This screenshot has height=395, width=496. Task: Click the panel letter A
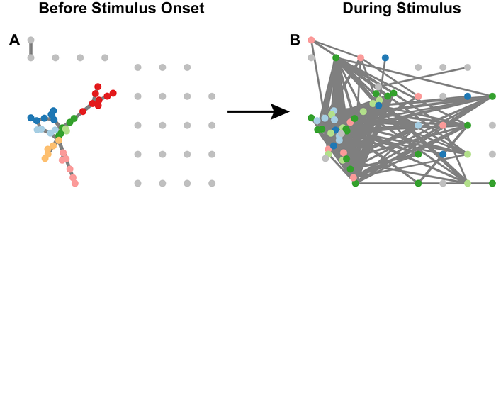click(x=14, y=41)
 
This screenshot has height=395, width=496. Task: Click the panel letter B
click(x=295, y=41)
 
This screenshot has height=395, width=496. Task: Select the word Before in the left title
click(x=62, y=9)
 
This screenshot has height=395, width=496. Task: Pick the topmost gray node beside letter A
click(x=30, y=40)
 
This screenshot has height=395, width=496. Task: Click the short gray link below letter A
click(x=30, y=49)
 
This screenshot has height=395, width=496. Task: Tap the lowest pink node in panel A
click(x=74, y=183)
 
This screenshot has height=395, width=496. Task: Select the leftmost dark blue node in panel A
click(x=30, y=118)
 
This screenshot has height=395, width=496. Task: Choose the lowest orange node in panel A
click(x=45, y=158)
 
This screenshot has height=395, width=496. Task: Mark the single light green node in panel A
click(x=66, y=129)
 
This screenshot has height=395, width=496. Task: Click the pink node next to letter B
click(x=311, y=40)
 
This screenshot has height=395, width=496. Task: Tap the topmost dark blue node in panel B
click(x=385, y=57)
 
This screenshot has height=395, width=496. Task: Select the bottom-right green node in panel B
click(x=492, y=183)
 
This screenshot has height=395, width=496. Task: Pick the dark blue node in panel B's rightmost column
click(x=468, y=96)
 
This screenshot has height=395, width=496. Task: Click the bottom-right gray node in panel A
click(x=212, y=183)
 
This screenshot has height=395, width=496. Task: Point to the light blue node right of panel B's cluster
click(x=418, y=125)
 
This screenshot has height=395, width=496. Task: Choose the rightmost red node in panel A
click(x=113, y=93)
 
